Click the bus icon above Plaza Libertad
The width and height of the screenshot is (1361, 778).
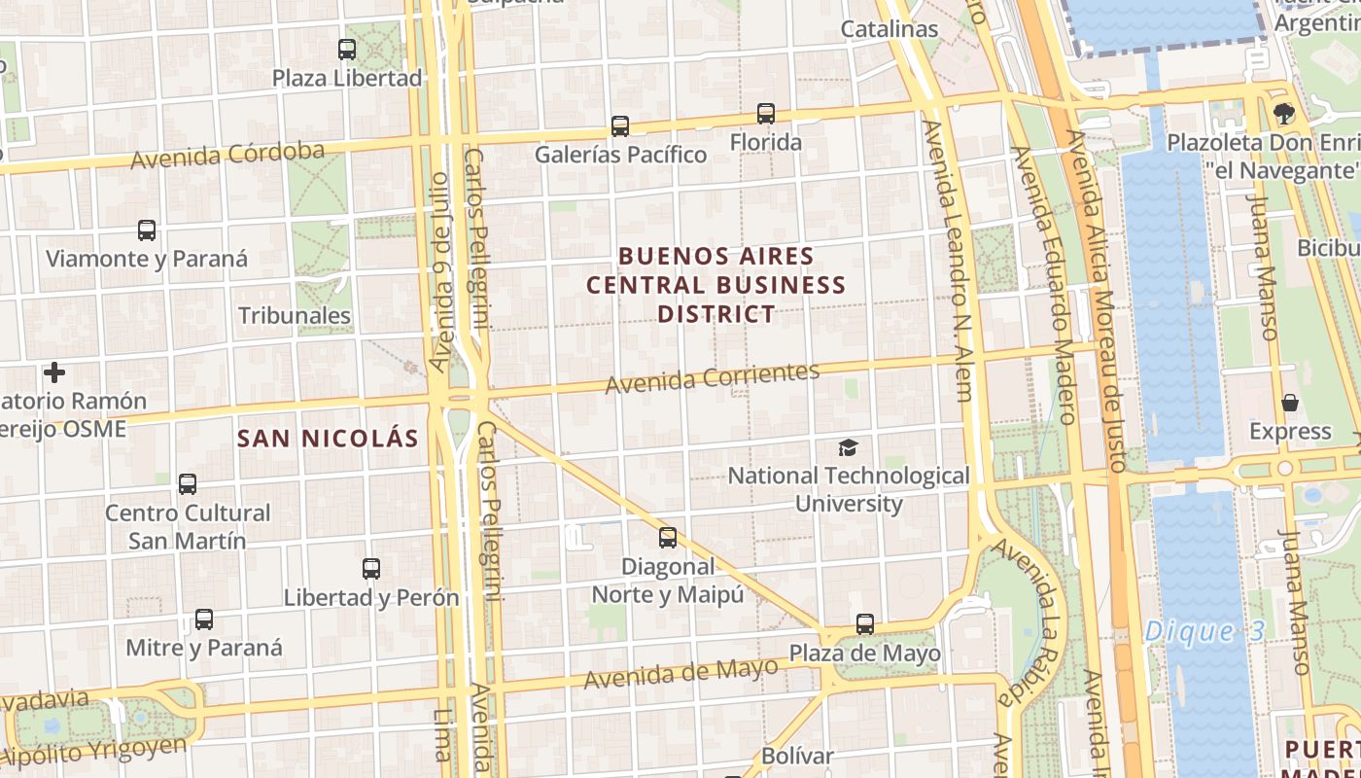coord(347,49)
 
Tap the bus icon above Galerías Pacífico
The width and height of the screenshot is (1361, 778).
coord(620,125)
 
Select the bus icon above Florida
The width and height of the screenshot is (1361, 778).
coord(766,114)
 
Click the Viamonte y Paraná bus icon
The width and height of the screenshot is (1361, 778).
coord(147,230)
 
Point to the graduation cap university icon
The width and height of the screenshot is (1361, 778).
coord(849,447)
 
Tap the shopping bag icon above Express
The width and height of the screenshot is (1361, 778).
coord(1290,403)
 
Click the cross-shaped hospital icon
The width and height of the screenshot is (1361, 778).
coord(54,372)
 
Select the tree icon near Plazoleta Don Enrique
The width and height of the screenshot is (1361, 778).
coord(1283,114)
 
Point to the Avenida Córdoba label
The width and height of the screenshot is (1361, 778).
coord(227,156)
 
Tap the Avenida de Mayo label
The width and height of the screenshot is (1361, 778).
coord(680,672)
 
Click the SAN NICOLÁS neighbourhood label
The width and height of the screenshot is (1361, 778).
coord(328,439)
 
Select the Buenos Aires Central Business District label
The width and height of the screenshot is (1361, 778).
coord(716,285)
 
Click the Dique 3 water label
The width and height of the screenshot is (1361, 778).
coord(1204,631)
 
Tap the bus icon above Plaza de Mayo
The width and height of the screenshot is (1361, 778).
coord(865,623)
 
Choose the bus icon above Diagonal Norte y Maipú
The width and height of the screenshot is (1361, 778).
coord(668,537)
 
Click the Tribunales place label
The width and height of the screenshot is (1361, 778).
coord(295,315)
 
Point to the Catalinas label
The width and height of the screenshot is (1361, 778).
coord(890,29)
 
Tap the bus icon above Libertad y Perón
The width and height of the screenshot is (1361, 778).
coord(371,568)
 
